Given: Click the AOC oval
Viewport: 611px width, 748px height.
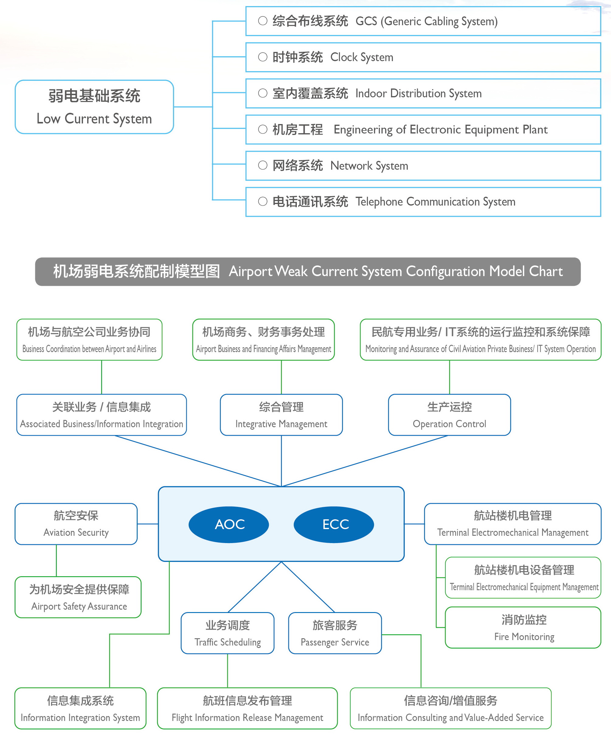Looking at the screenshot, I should coord(229,525).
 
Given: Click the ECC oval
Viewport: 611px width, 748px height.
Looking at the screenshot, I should coord(334,525).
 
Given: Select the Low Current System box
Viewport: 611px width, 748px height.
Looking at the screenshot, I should coord(94,107).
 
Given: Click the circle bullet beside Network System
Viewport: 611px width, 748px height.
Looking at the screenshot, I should coord(263,165).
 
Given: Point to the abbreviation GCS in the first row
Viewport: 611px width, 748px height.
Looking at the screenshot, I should coord(366,22).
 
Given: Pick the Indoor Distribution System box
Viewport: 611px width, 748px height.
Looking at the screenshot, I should coord(423,93).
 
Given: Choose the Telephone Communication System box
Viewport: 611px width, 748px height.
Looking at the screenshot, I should coord(423,202).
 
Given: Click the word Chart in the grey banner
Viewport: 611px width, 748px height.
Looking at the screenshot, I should coord(546,272).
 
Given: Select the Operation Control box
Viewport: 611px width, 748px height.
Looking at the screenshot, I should coord(449,415).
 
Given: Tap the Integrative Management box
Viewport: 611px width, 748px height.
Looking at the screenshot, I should coord(281,415).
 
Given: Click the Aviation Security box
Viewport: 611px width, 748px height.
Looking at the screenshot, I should coord(76,524).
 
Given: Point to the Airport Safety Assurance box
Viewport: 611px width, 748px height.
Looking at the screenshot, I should coord(78,597).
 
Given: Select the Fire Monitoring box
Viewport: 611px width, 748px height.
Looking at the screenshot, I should coord(523,628).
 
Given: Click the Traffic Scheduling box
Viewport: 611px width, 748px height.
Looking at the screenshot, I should coord(228,633).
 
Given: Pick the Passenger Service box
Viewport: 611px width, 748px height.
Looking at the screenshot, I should coord(335,633).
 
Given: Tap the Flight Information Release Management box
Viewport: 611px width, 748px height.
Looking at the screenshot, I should coord(247,708).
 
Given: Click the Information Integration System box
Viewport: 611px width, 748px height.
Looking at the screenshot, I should coord(80,708).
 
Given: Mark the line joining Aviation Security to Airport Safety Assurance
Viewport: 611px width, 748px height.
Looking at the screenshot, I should coord(56,561).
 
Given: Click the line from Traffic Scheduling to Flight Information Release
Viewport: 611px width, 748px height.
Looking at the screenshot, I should coord(228,670).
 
